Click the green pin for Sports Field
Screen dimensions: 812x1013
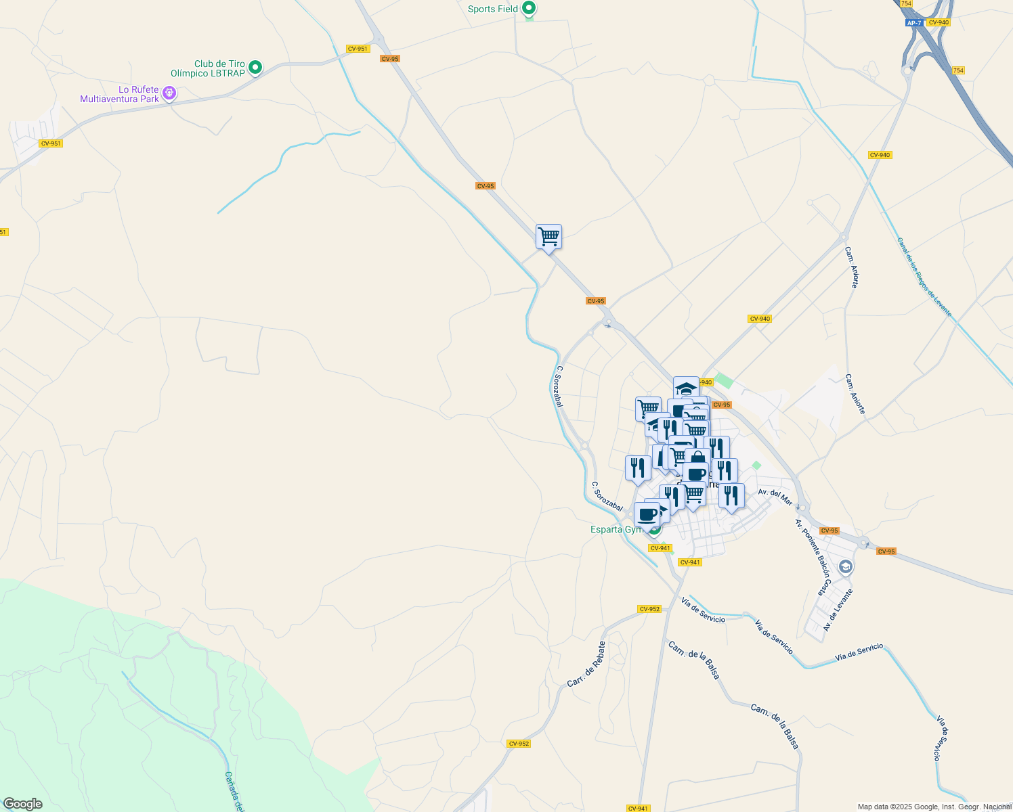pyautogui.click(x=530, y=9)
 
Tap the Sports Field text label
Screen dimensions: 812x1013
pyautogui.click(x=492, y=9)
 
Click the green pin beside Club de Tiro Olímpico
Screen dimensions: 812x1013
pyautogui.click(x=255, y=67)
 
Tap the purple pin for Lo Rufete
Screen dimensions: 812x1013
pyautogui.click(x=169, y=93)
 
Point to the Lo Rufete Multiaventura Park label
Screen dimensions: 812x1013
pyautogui.click(x=120, y=94)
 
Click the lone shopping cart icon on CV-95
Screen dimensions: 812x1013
pyautogui.click(x=548, y=238)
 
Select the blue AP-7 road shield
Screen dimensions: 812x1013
pyautogui.click(x=913, y=23)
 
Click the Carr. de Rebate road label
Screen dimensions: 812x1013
pyautogui.click(x=586, y=664)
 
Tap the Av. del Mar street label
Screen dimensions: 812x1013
pyautogui.click(x=775, y=497)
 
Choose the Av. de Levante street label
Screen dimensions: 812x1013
pyautogui.click(x=838, y=610)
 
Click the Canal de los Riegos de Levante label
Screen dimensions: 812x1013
pyautogui.click(x=924, y=277)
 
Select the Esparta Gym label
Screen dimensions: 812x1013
pyautogui.click(x=616, y=529)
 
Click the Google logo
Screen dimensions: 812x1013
pyautogui.click(x=23, y=804)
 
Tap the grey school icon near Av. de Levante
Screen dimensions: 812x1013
pyautogui.click(x=845, y=567)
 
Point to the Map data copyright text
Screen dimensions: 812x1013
pyautogui.click(x=934, y=807)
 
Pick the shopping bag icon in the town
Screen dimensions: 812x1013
pyautogui.click(x=697, y=459)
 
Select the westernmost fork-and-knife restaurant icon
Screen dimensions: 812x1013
pyautogui.click(x=638, y=468)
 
